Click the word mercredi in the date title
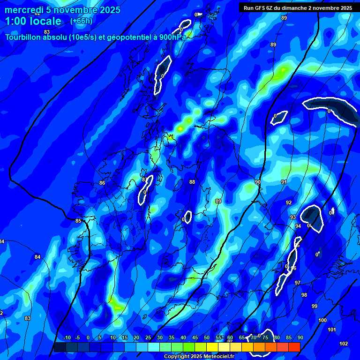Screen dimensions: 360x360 [23, 10]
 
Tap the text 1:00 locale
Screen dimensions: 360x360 [33, 21]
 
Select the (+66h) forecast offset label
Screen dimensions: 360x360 [81, 21]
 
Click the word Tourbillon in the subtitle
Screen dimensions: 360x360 [26, 37]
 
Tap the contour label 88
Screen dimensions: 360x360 [192, 182]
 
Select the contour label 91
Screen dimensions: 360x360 [284, 182]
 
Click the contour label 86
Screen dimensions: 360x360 [102, 183]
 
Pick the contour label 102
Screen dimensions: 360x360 [344, 344]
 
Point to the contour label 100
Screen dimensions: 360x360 [322, 320]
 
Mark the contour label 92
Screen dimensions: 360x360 [289, 203]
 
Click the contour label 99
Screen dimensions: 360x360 [315, 306]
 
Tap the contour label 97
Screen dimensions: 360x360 [298, 283]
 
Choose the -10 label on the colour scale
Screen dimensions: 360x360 [67, 338]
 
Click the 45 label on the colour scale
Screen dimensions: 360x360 [195, 338]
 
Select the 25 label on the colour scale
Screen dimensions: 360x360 [148, 338]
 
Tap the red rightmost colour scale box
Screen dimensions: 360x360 [294, 347]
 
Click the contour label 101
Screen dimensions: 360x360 [332, 330]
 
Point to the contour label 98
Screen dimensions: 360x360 [304, 295]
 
